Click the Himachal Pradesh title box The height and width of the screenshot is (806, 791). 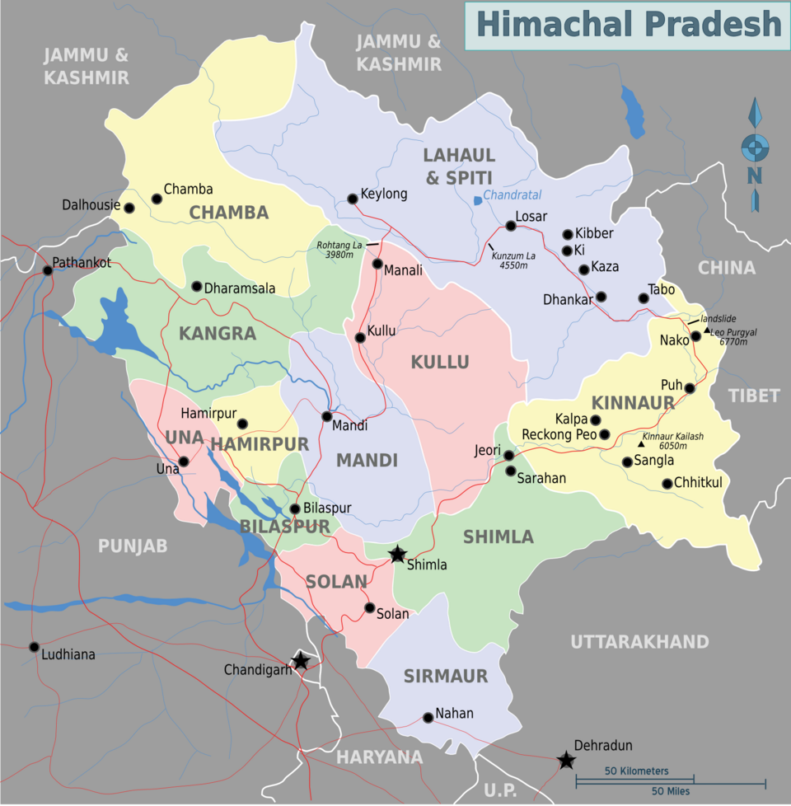[628, 25]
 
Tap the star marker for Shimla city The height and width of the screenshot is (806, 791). [398, 554]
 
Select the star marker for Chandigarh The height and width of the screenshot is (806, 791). [301, 660]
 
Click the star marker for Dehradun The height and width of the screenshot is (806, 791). [566, 760]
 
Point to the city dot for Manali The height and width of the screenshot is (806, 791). [377, 264]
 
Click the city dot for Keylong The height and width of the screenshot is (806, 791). [353, 198]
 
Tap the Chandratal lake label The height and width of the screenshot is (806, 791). [512, 195]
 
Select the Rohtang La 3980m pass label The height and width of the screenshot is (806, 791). [339, 249]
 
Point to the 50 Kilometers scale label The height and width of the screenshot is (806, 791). [636, 771]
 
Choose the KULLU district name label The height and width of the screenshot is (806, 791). [440, 363]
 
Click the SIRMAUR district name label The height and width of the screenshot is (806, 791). [445, 677]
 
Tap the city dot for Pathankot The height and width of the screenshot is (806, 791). [48, 270]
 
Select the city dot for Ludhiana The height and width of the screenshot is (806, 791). [34, 647]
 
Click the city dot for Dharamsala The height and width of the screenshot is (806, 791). [196, 287]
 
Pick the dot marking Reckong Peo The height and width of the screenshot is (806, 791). [605, 434]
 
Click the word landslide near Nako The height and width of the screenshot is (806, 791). [718, 319]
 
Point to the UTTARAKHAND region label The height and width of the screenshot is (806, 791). [639, 641]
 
